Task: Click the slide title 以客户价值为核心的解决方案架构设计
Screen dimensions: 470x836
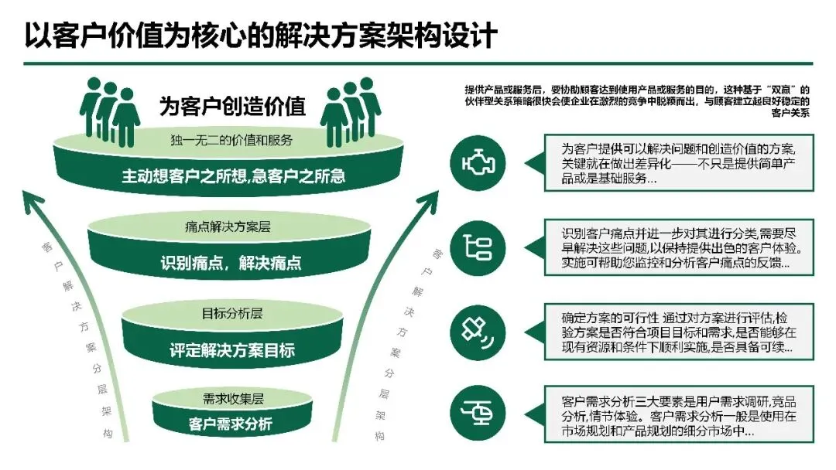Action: [260, 35]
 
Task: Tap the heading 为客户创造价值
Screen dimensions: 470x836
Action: [232, 106]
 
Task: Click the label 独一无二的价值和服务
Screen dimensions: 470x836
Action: [231, 140]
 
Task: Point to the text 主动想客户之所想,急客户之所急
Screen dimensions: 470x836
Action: [232, 176]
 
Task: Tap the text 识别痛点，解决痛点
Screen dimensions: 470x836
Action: [231, 263]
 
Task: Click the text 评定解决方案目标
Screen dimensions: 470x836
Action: [232, 350]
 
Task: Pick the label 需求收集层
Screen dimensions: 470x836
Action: [233, 399]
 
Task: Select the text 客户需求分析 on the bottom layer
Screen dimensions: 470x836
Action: [231, 424]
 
